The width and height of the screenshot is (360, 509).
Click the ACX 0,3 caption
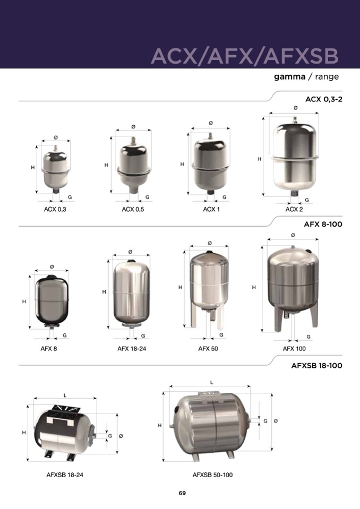point(55,209)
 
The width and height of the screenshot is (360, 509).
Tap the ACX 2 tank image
point(295,157)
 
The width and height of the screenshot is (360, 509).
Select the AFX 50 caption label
point(208,349)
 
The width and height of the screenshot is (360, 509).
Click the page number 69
point(182,493)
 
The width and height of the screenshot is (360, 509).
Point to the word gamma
point(289,77)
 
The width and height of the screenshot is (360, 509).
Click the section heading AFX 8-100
point(323,225)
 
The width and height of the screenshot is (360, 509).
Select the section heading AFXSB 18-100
point(317,366)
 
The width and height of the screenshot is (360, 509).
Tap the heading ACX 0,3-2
point(324,99)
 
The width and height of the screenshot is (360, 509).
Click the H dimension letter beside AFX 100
point(254,287)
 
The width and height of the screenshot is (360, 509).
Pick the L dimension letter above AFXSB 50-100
point(212,382)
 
